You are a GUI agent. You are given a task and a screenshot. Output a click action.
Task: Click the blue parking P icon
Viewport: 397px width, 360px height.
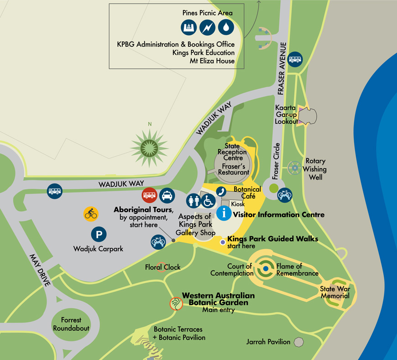[x=99, y=235]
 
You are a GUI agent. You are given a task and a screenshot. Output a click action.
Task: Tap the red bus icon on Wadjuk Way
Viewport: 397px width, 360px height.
[x=150, y=196]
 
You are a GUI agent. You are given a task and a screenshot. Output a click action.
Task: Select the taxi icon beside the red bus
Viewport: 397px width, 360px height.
[x=167, y=196]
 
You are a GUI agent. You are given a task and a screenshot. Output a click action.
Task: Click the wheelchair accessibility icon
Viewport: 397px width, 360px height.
[x=209, y=200]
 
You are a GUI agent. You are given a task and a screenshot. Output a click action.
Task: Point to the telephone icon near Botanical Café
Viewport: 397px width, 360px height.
[x=221, y=191]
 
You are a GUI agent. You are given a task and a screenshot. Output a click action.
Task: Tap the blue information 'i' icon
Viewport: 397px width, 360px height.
[x=224, y=213]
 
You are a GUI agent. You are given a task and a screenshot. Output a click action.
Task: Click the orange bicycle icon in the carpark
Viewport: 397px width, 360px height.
[x=91, y=213]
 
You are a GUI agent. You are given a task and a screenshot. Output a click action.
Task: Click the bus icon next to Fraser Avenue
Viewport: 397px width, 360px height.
[x=295, y=59]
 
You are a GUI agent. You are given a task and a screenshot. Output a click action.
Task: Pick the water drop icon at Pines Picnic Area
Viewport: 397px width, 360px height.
[x=226, y=28]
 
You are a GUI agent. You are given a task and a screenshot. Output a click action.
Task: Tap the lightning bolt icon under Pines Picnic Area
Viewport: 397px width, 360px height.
[x=207, y=28]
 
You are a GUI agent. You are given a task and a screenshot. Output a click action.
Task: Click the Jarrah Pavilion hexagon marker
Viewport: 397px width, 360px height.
[x=298, y=342]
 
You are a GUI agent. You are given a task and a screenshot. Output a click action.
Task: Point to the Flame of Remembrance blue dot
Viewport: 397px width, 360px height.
[x=265, y=270]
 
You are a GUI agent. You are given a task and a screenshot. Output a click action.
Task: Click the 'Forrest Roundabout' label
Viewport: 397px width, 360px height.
[x=71, y=324]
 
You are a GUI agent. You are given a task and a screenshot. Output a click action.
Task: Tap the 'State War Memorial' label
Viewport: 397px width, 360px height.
[x=334, y=292]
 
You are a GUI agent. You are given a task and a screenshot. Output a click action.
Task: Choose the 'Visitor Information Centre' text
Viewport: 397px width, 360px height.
[x=279, y=214]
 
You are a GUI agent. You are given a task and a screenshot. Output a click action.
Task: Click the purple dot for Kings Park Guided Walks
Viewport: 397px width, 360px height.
[x=223, y=242]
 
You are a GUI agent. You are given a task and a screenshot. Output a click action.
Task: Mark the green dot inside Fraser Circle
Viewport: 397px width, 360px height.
[x=273, y=188]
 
